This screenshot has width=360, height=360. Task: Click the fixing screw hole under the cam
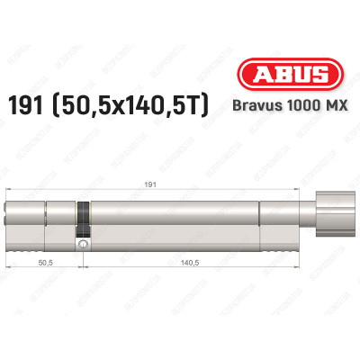(83, 244)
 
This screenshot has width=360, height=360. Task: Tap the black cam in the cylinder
(83, 216)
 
